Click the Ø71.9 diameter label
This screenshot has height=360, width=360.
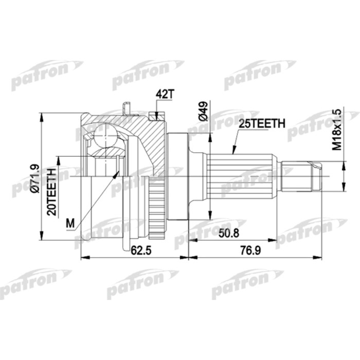[34, 178]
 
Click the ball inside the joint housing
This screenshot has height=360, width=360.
[106, 139]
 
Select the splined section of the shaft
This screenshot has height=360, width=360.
[247, 175]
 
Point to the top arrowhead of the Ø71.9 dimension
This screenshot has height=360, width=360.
[42, 115]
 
